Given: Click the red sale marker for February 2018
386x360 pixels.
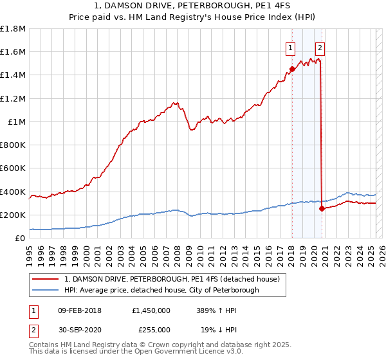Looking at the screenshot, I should tap(292, 69).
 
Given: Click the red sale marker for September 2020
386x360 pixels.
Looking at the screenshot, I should tap(322, 208).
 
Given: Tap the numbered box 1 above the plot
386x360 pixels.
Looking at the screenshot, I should tap(291, 47).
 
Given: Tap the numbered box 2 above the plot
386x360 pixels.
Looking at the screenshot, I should tap(320, 47).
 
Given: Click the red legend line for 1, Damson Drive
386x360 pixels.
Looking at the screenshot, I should tap(46, 280).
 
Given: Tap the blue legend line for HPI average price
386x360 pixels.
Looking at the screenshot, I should tap(46, 291).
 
